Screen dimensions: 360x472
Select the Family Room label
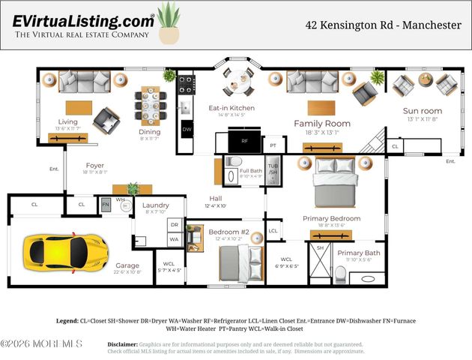tap(322, 123)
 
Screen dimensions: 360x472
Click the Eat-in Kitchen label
tap(232, 108)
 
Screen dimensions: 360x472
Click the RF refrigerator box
tap(243, 141)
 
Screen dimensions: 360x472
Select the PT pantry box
tap(273, 145)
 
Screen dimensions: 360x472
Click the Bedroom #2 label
tap(229, 232)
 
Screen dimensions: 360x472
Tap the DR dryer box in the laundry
tap(174, 224)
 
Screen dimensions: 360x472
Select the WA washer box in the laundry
tap(174, 239)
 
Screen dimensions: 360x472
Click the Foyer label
tap(95, 165)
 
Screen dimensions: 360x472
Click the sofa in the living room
tap(84, 80)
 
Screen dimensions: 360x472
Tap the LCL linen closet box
tap(273, 231)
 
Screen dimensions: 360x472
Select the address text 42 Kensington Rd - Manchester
tap(383, 25)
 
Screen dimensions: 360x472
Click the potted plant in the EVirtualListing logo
tap(169, 24)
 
